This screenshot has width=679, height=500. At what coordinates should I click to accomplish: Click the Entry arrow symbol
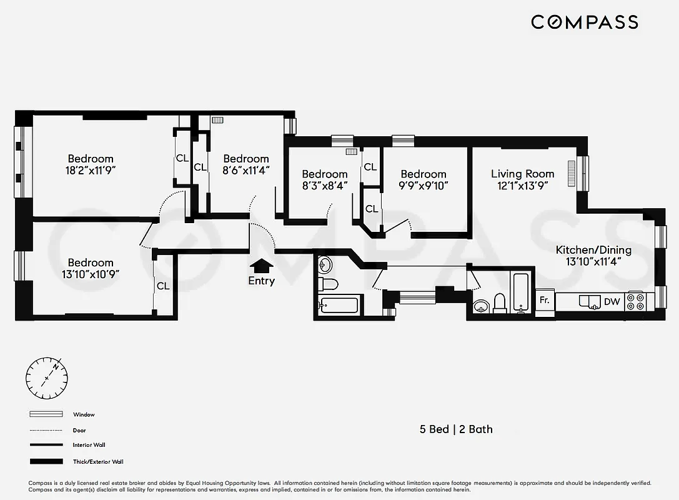click(x=261, y=266)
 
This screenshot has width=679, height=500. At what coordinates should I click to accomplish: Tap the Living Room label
click(x=522, y=174)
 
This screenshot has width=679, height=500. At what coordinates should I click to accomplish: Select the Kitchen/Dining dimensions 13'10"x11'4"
click(x=593, y=262)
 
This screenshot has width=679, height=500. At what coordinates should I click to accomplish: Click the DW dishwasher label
click(x=612, y=302)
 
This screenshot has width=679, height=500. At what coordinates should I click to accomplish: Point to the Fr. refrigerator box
click(x=545, y=300)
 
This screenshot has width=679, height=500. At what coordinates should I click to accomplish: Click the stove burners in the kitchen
click(x=635, y=302)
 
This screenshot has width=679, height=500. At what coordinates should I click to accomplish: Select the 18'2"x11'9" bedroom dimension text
click(x=91, y=171)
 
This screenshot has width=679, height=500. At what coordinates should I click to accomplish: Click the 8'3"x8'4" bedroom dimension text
click(x=324, y=186)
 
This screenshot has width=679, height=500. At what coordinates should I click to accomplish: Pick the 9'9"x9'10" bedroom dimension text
click(x=424, y=186)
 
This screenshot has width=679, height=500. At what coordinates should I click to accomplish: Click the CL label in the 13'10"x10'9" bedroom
click(x=163, y=286)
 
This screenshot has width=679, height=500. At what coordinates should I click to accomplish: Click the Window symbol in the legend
click(x=46, y=414)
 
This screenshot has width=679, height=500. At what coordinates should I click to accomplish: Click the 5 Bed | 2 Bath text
click(x=455, y=429)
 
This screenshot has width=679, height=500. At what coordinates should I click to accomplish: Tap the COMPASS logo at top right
click(x=584, y=22)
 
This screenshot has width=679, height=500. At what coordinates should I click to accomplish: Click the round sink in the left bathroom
click(x=325, y=265)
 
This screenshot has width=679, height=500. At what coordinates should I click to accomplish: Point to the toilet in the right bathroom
click(x=499, y=302)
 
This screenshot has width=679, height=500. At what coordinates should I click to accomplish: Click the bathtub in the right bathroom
click(x=521, y=292)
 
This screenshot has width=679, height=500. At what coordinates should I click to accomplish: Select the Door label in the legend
click(x=79, y=430)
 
